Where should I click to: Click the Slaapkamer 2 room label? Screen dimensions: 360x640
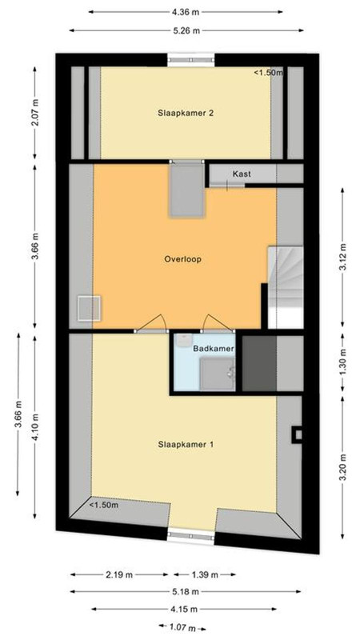point(186,114)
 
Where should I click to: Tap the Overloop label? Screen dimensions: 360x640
point(183,259)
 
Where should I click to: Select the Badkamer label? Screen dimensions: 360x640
point(214,349)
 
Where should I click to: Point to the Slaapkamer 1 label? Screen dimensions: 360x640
point(186,445)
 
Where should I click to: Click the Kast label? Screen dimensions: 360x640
point(242,174)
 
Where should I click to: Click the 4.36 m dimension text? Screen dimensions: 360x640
point(186,12)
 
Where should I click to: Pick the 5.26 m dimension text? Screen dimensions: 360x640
point(186,30)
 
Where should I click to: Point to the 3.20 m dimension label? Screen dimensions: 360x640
point(343,467)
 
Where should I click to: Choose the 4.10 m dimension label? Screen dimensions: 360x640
point(36,427)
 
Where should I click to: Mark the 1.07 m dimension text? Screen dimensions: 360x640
point(182,626)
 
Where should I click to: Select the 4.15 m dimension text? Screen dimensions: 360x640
point(184,609)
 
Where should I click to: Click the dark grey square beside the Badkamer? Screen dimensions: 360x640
point(259,363)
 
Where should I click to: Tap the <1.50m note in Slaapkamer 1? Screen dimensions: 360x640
point(104,505)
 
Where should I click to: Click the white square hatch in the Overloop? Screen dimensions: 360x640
point(90,308)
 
